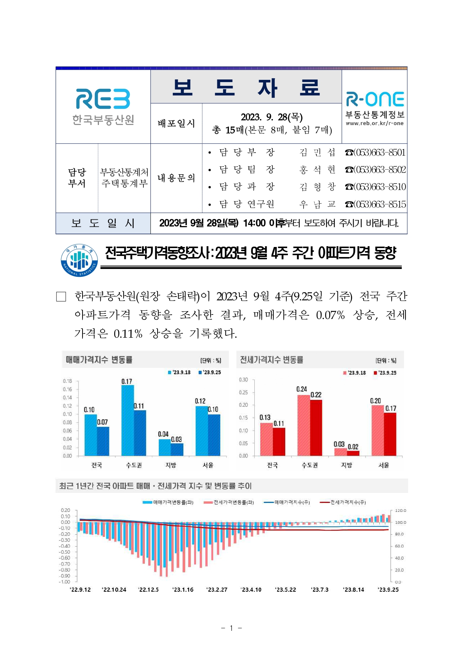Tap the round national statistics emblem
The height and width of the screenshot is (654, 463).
pos(79,260)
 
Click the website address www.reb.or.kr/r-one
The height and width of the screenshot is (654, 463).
pos(375,123)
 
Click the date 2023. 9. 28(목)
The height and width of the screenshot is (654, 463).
pos(271,117)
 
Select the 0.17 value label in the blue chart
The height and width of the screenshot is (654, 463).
pos(127,381)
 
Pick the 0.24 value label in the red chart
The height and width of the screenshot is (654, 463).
pos(302,389)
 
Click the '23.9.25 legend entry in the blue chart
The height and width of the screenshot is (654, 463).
pos(210,372)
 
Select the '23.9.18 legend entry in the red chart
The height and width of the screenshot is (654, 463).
pos(354,373)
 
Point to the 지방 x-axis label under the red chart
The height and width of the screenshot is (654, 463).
pos(347,465)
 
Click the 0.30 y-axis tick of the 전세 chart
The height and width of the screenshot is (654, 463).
pos(243,380)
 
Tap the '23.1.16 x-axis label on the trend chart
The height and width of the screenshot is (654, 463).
pos(183,590)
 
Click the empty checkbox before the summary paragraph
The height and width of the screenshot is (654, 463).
pos(61,297)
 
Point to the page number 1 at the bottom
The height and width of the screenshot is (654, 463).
pos(231,628)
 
